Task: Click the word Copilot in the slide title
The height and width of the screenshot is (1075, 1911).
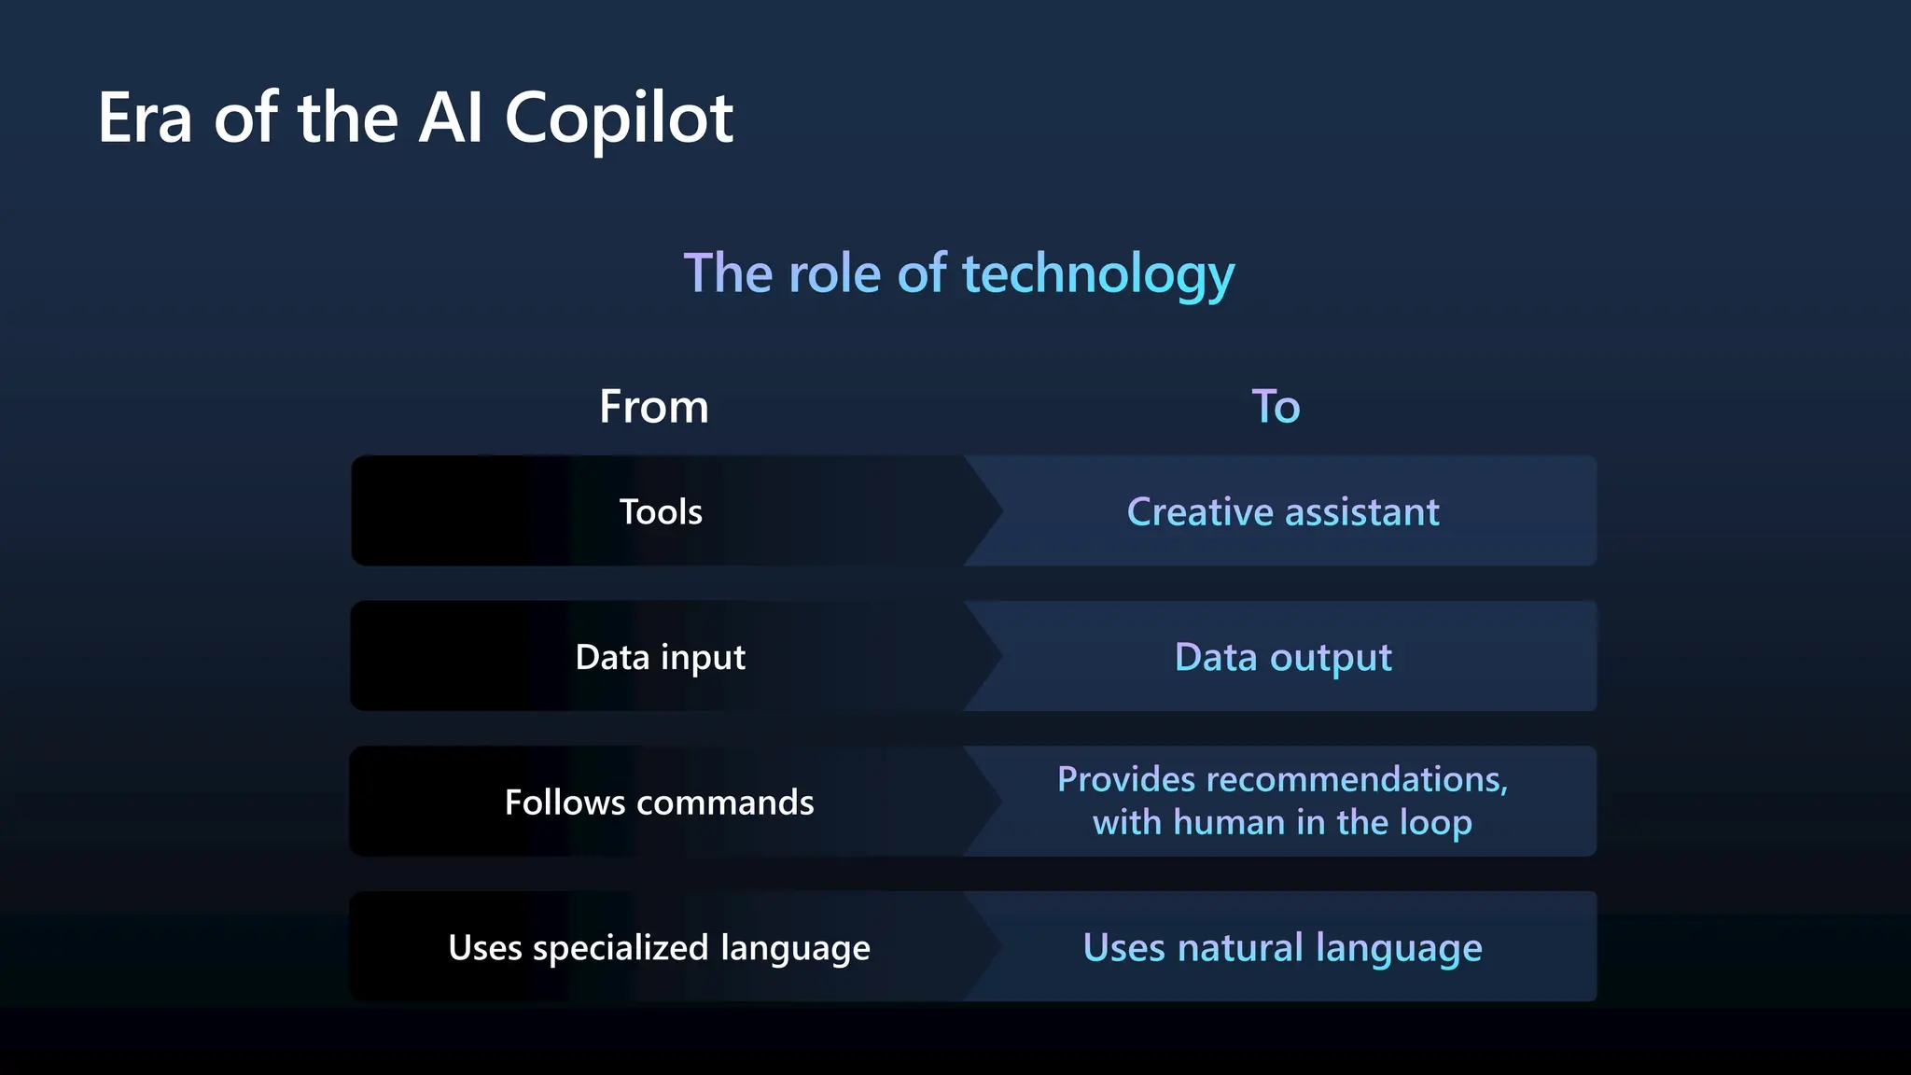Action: point(619,119)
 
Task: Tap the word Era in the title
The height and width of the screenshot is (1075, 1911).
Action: point(145,119)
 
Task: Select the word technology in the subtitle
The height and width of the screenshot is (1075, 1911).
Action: point(1098,275)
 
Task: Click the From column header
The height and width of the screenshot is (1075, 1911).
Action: point(654,407)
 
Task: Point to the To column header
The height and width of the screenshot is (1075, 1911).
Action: point(1276,407)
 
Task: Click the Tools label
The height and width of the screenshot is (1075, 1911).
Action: point(661,511)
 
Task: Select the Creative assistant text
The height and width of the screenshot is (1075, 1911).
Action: point(1283,511)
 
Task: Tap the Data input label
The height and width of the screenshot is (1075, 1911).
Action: point(661,657)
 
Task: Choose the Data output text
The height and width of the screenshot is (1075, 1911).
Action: point(1283,657)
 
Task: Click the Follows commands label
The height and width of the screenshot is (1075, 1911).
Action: point(659,803)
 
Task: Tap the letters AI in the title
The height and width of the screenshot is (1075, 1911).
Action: point(451,119)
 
